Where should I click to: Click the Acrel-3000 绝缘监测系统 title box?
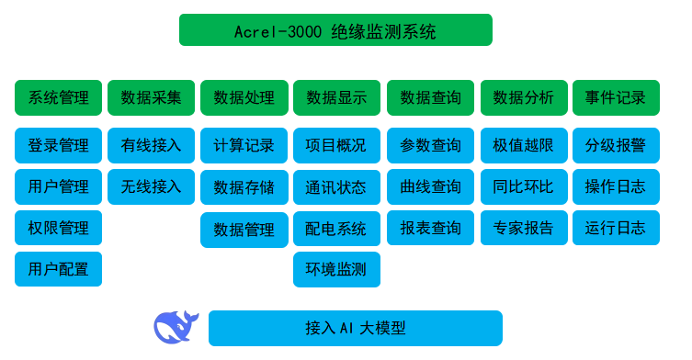pyautogui.click(x=335, y=30)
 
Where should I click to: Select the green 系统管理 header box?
pyautogui.click(x=58, y=97)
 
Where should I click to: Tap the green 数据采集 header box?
pyautogui.click(x=151, y=97)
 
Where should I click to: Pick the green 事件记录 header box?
pyautogui.click(x=616, y=97)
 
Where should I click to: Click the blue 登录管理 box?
pyautogui.click(x=58, y=145)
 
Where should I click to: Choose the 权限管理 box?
pyautogui.click(x=58, y=228)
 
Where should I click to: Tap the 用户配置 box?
pyautogui.click(x=58, y=269)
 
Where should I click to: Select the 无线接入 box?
pyautogui.click(x=151, y=186)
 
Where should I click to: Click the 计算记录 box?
pyautogui.click(x=244, y=145)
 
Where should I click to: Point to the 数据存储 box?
pyautogui.click(x=244, y=187)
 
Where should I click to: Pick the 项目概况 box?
pyautogui.click(x=336, y=145)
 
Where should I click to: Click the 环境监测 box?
pyautogui.click(x=336, y=269)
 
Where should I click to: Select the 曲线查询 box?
pyautogui.click(x=430, y=186)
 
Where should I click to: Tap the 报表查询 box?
pyautogui.click(x=430, y=228)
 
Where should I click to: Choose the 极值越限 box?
pyautogui.click(x=523, y=145)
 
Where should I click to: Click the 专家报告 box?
pyautogui.click(x=523, y=228)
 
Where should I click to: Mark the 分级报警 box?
pyautogui.click(x=616, y=145)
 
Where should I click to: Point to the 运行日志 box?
pyautogui.click(x=616, y=228)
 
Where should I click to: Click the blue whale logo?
pyautogui.click(x=176, y=327)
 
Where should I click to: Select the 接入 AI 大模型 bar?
pyautogui.click(x=355, y=328)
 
